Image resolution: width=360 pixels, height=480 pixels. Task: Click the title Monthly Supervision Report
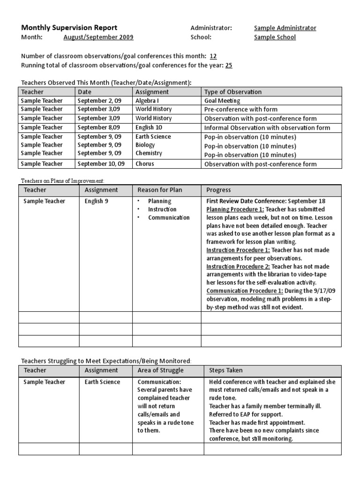point(69,28)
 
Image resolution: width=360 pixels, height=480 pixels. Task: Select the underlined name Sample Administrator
point(285,28)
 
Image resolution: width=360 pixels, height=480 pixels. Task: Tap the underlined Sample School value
point(275,37)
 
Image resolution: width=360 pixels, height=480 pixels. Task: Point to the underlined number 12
point(213,56)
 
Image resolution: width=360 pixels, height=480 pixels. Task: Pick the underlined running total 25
point(229,65)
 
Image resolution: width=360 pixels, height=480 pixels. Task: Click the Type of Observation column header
point(233,92)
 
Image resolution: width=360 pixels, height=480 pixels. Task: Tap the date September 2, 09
point(99,100)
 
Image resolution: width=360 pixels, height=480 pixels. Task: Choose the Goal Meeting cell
point(222,100)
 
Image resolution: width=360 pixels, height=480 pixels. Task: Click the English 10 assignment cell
point(150,127)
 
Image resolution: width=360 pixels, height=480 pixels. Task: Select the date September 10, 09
point(101,164)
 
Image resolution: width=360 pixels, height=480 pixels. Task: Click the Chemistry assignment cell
point(149,153)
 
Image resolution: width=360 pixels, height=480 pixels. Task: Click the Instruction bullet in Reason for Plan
point(162,210)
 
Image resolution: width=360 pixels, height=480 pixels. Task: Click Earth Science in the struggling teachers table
point(102,382)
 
